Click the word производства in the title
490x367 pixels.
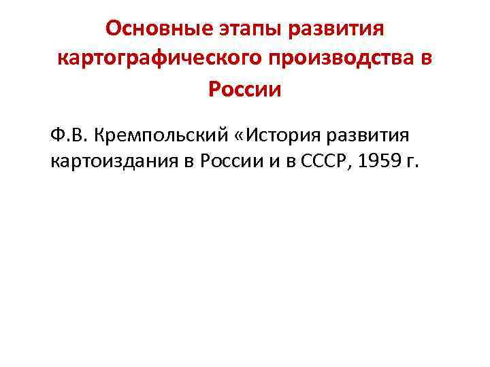click(x=344, y=59)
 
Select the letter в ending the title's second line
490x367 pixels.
click(x=427, y=59)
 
